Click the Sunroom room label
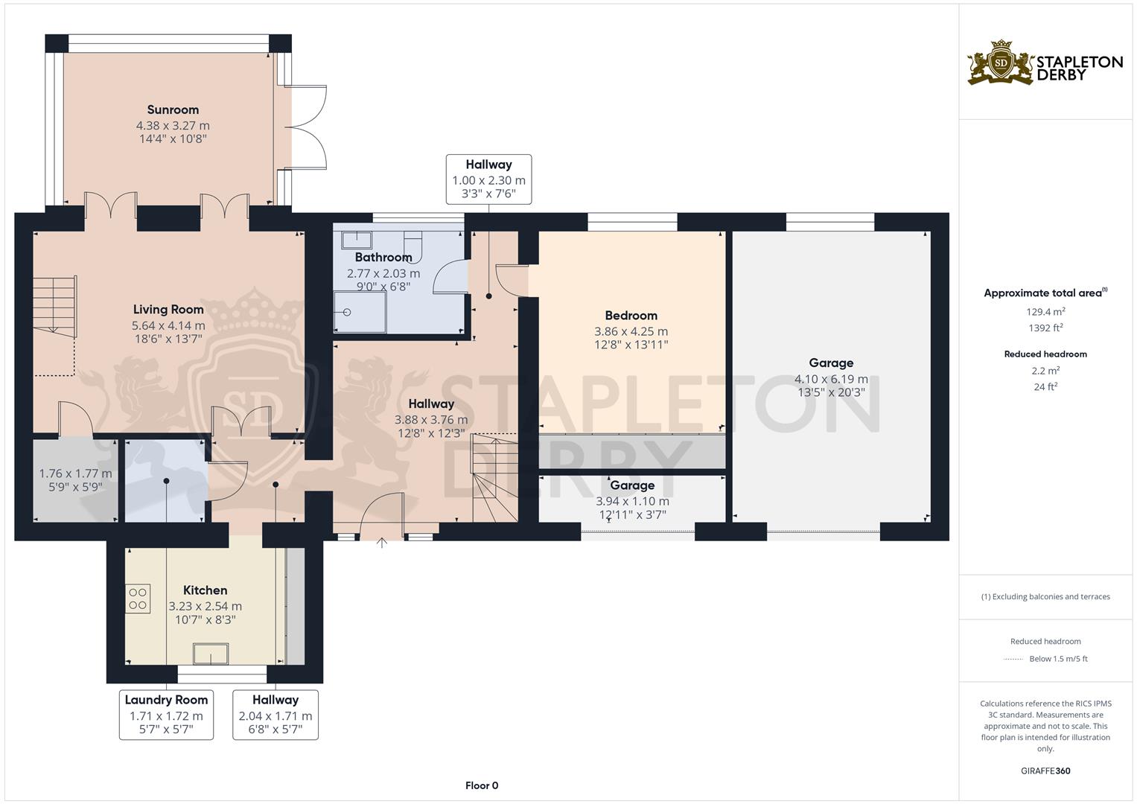pyautogui.click(x=173, y=110)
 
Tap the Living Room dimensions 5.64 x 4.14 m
pyautogui.click(x=168, y=325)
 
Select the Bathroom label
pyautogui.click(x=383, y=258)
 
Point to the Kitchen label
pyautogui.click(x=206, y=590)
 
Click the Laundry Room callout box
pyautogui.click(x=166, y=715)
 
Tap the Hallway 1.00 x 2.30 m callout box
pyautogui.click(x=488, y=179)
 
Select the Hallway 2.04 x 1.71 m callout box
pyautogui.click(x=276, y=715)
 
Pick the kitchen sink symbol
pyautogui.click(x=211, y=654)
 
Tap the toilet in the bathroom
pyautogui.click(x=413, y=246)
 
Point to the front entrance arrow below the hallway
pyautogui.click(x=382, y=543)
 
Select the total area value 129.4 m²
pyautogui.click(x=1045, y=312)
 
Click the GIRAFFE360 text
pyautogui.click(x=1045, y=771)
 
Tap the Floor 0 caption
pyautogui.click(x=482, y=785)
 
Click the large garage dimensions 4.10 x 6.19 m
pyautogui.click(x=831, y=379)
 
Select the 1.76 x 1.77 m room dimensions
pyautogui.click(x=75, y=473)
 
